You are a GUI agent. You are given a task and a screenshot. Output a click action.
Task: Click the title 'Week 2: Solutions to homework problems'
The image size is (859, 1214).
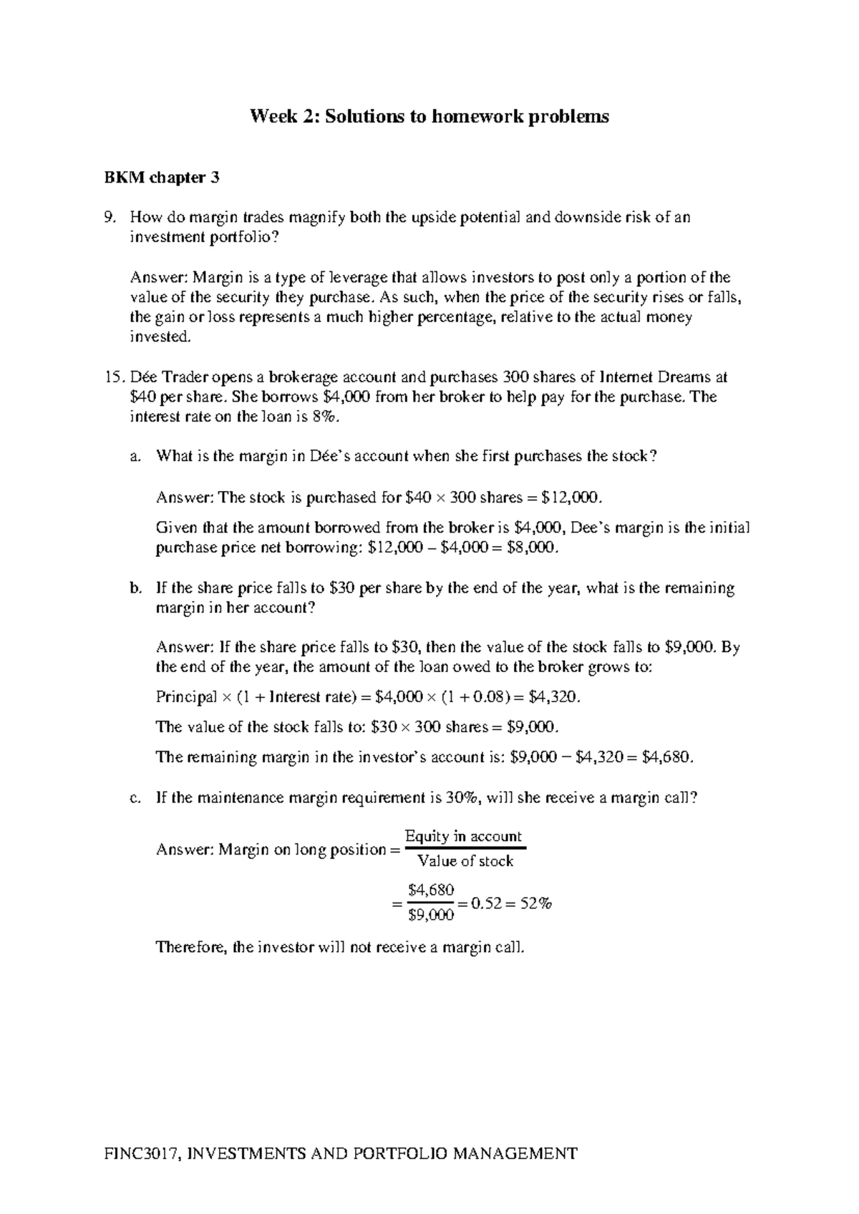pos(429,116)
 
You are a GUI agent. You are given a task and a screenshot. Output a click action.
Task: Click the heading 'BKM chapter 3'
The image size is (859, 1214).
pos(161,178)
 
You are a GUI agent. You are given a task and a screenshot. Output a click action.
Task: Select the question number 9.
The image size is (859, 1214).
pos(110,218)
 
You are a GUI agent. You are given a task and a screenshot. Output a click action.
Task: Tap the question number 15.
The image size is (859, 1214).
pos(115,377)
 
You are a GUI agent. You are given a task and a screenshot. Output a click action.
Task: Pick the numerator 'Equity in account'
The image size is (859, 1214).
pos(463,836)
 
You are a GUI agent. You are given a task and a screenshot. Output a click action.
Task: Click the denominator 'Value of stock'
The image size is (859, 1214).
pos(465,861)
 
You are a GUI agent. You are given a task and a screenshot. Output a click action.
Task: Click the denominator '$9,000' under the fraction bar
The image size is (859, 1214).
pos(431,915)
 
